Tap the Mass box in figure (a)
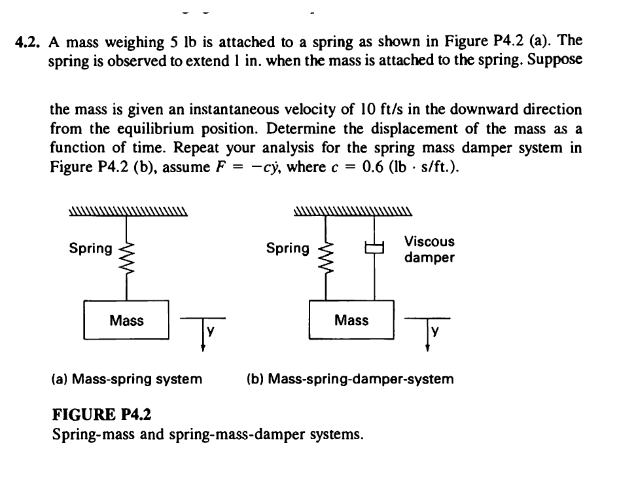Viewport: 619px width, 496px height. (127, 320)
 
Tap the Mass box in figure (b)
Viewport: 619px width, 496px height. (351, 320)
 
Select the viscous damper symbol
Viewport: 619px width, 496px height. (374, 248)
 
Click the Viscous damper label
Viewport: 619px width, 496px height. (429, 249)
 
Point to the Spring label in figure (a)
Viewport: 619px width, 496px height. (90, 249)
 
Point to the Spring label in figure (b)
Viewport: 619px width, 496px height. (288, 249)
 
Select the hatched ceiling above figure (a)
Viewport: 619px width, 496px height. (128, 211)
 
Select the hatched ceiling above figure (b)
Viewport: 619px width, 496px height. (353, 211)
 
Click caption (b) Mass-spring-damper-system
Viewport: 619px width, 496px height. (350, 379)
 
